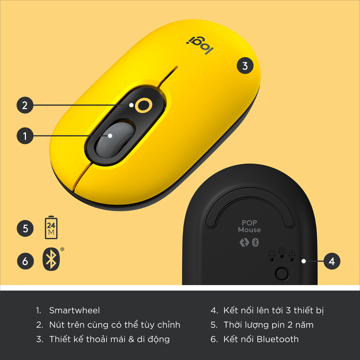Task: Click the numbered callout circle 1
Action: pyautogui.click(x=25, y=136)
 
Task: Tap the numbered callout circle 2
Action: pyautogui.click(x=25, y=105)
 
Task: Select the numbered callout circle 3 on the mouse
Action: pyautogui.click(x=245, y=66)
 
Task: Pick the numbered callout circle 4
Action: pyautogui.click(x=332, y=261)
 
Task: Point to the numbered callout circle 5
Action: pyautogui.click(x=25, y=229)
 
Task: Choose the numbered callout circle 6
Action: pyautogui.click(x=25, y=261)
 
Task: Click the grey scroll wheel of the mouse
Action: pyautogui.click(x=115, y=140)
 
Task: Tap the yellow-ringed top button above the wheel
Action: pyautogui.click(x=144, y=105)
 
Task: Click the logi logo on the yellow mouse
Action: pyautogui.click(x=200, y=45)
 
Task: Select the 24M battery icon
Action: pyautogui.click(x=51, y=228)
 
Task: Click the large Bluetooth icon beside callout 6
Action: pyautogui.click(x=51, y=259)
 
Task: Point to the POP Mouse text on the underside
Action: pyautogui.click(x=249, y=226)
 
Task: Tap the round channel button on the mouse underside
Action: pyautogui.click(x=282, y=274)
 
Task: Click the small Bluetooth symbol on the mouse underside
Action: pyautogui.click(x=255, y=242)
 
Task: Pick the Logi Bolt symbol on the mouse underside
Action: pyautogui.click(x=244, y=242)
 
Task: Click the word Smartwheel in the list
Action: pyautogui.click(x=75, y=310)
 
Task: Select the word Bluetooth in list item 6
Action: pyautogui.click(x=278, y=339)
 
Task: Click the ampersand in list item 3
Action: pyautogui.click(x=131, y=339)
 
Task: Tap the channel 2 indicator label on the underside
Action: pyautogui.click(x=282, y=250)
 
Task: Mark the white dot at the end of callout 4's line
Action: pyautogui.click(x=303, y=261)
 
